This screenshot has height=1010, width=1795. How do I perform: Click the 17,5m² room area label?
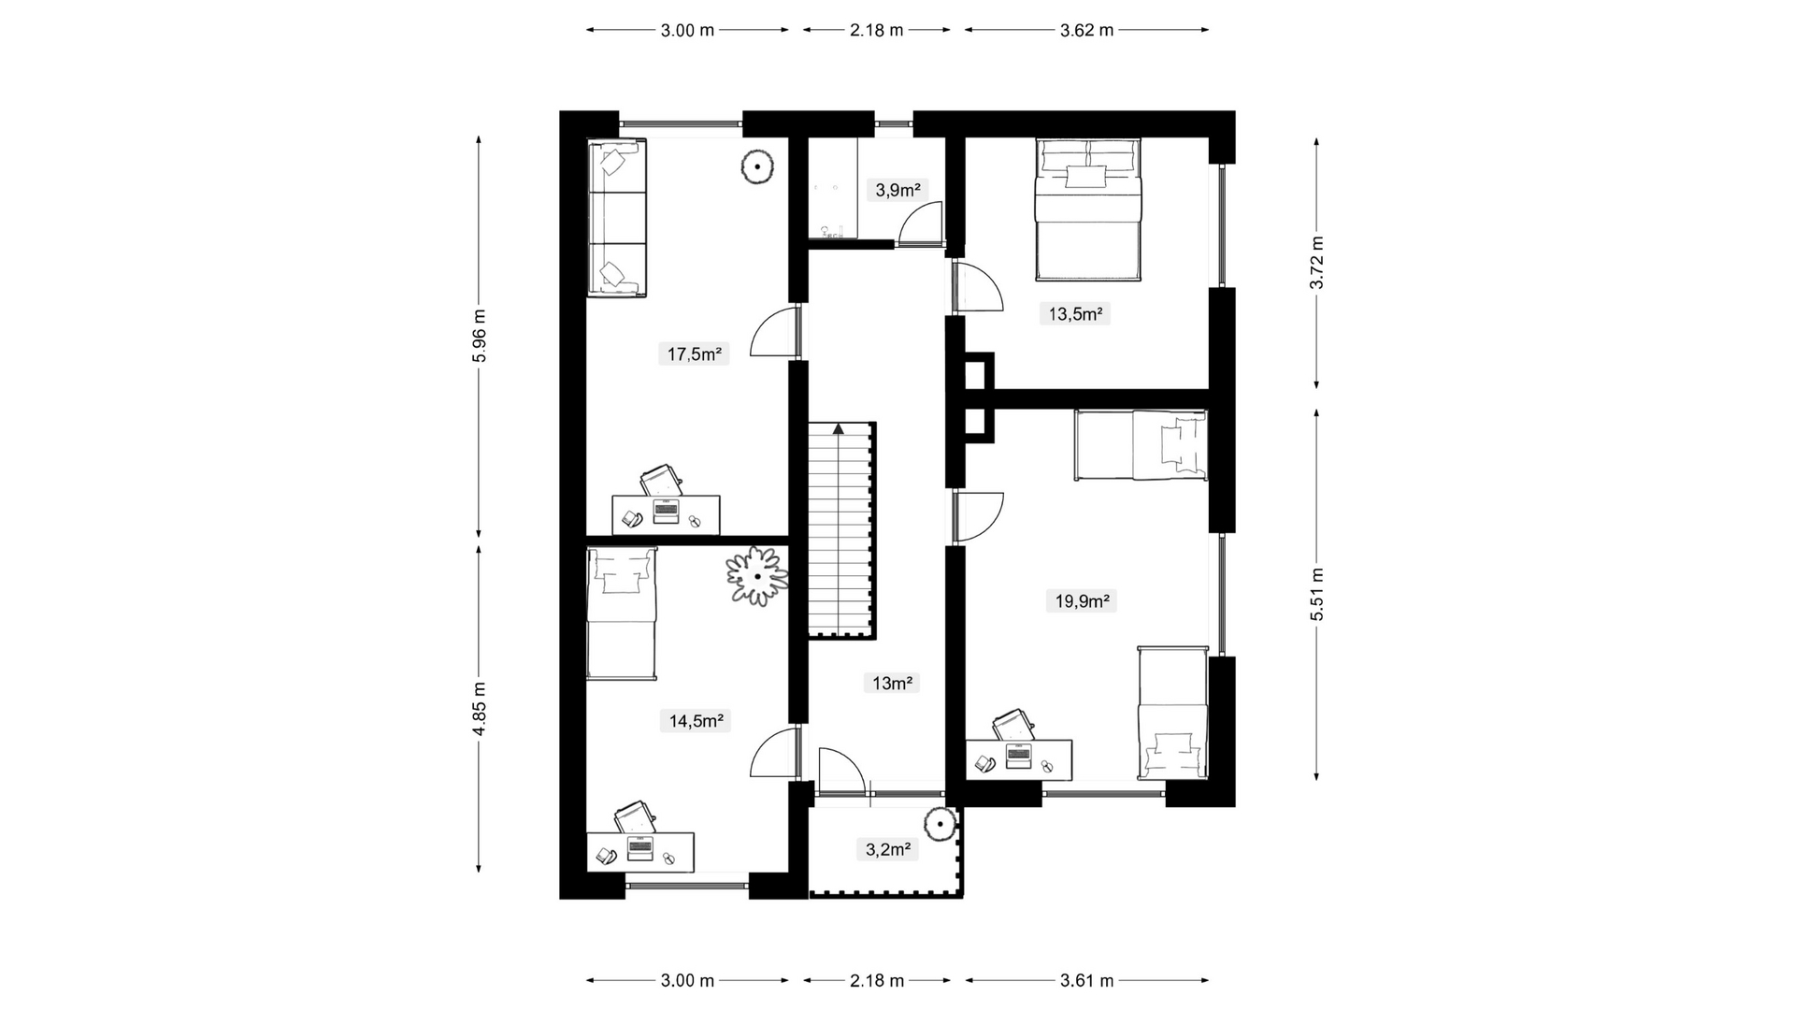click(x=694, y=353)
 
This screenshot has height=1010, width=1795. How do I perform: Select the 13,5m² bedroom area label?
click(x=1074, y=314)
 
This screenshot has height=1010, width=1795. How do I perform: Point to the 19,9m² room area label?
click(x=1082, y=601)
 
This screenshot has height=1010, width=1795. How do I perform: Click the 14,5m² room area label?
click(x=696, y=721)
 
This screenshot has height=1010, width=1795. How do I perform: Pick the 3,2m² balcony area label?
click(x=888, y=850)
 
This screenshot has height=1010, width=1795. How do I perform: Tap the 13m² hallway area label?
click(x=892, y=684)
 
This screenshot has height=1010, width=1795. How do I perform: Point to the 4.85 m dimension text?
click(x=480, y=709)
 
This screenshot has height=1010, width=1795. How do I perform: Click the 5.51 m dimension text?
click(x=1316, y=594)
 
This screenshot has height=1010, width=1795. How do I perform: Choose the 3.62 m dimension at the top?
click(x=1087, y=30)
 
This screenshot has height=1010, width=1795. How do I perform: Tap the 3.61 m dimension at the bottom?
click(x=1087, y=981)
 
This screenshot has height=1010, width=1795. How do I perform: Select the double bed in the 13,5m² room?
click(x=1088, y=209)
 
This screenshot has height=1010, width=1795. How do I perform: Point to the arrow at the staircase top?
click(x=839, y=429)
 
